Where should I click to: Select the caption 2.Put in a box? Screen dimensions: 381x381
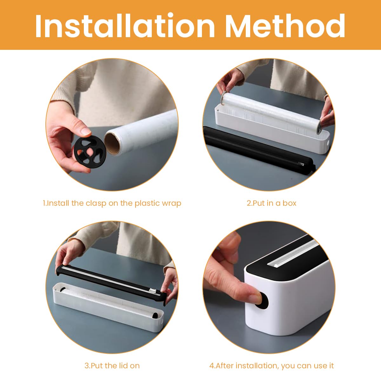point(271,203)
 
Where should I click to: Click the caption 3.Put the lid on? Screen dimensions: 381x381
point(112,366)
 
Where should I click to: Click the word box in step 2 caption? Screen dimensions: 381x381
point(289,203)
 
